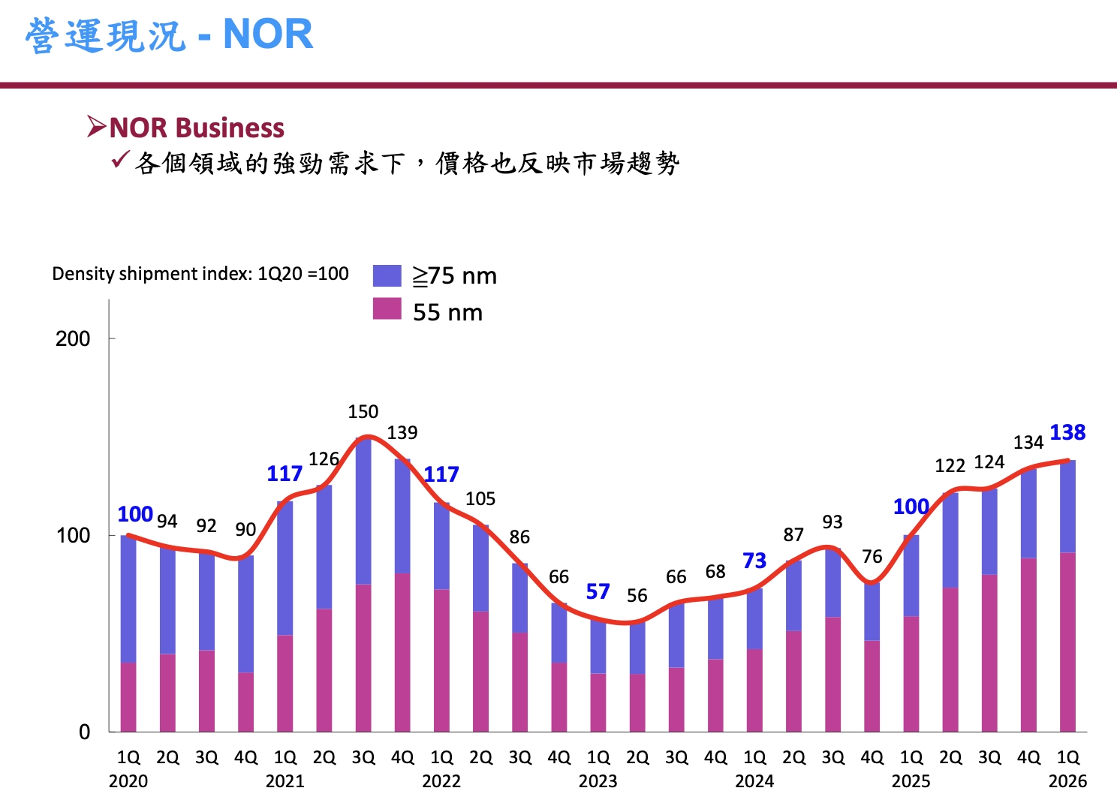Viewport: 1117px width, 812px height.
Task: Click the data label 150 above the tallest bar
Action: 363,411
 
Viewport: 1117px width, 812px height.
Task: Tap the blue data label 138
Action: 1067,432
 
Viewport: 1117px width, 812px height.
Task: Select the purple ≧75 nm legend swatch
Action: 387,275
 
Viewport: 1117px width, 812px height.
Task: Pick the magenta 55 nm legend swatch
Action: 387,308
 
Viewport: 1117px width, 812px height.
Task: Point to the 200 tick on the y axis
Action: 73,338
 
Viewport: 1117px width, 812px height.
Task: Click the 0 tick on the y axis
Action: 85,732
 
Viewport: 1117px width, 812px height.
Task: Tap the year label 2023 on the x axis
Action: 598,781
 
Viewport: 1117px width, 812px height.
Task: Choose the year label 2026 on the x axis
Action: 1067,781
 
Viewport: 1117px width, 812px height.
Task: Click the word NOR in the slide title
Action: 268,35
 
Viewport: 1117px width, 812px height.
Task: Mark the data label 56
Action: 637,596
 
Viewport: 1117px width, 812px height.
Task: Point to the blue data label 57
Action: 598,591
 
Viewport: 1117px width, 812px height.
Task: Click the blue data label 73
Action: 754,561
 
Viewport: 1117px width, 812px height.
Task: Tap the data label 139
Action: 402,433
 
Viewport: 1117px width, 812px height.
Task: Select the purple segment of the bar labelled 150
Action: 363,510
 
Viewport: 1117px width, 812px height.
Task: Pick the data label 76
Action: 872,557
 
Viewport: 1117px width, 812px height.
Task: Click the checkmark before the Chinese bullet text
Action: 120,160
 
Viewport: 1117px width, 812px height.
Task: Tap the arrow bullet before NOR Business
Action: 96,127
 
